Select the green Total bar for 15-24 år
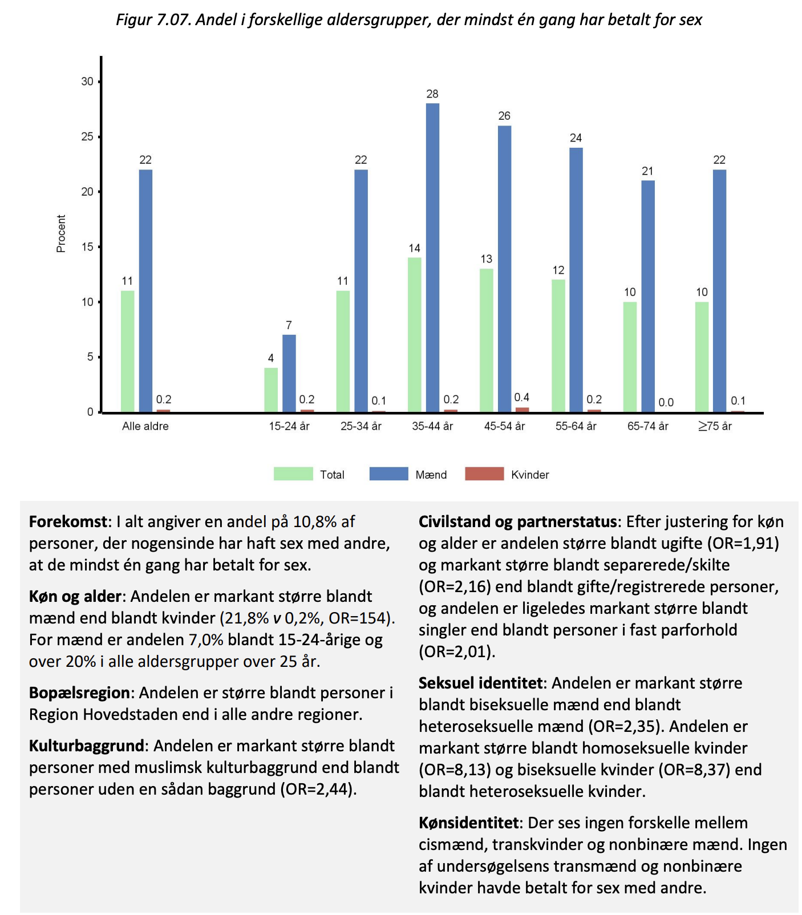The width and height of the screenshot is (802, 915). pyautogui.click(x=271, y=390)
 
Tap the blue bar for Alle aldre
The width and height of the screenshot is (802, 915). pyautogui.click(x=145, y=291)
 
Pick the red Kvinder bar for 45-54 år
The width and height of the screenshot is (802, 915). pyautogui.click(x=522, y=410)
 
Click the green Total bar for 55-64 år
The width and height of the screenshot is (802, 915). pyautogui.click(x=558, y=346)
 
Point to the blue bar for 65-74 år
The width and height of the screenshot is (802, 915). pyautogui.click(x=648, y=296)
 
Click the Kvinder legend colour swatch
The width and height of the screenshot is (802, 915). pyautogui.click(x=484, y=474)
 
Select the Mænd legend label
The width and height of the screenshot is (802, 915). pyautogui.click(x=431, y=475)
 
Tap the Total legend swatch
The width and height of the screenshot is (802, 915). pyautogui.click(x=293, y=474)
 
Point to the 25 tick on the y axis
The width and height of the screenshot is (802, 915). pyautogui.click(x=87, y=137)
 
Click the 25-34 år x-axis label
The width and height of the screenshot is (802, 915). pyautogui.click(x=361, y=426)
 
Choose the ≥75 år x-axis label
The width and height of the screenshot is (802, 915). pyautogui.click(x=715, y=426)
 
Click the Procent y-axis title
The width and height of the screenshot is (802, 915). pyautogui.click(x=61, y=233)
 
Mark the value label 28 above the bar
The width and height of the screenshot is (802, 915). pyautogui.click(x=432, y=94)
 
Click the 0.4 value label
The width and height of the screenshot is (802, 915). pyautogui.click(x=521, y=398)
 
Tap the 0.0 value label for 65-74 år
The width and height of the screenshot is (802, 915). pyautogui.click(x=666, y=402)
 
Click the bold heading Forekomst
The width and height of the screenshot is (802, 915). pyautogui.click(x=68, y=522)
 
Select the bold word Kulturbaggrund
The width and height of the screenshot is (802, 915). pyautogui.click(x=87, y=746)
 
